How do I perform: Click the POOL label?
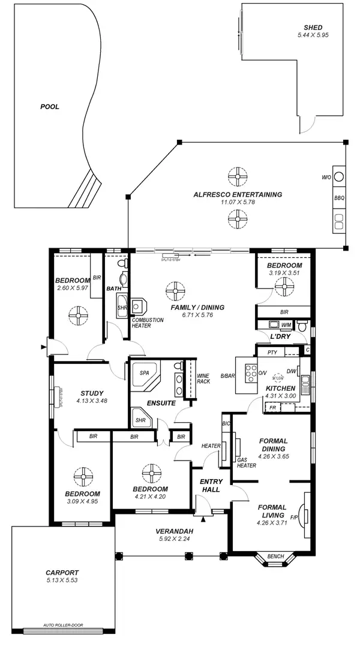point(50,107)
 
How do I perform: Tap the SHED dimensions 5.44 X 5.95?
point(313,36)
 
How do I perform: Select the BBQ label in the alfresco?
point(338,197)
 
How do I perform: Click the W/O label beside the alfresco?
point(326,177)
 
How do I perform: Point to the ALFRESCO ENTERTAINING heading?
point(238,194)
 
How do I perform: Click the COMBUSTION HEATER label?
point(148,323)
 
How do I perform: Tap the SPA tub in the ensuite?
point(145,373)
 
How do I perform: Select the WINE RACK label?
point(203,378)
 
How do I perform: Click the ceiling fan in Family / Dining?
point(176,292)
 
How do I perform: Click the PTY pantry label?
point(272,353)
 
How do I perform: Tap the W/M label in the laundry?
point(286,325)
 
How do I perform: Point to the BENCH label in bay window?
point(275,556)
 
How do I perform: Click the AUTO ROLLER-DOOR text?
point(63,625)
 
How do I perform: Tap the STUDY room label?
point(91,393)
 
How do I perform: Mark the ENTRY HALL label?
point(211,485)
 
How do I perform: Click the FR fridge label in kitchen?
point(272,408)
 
